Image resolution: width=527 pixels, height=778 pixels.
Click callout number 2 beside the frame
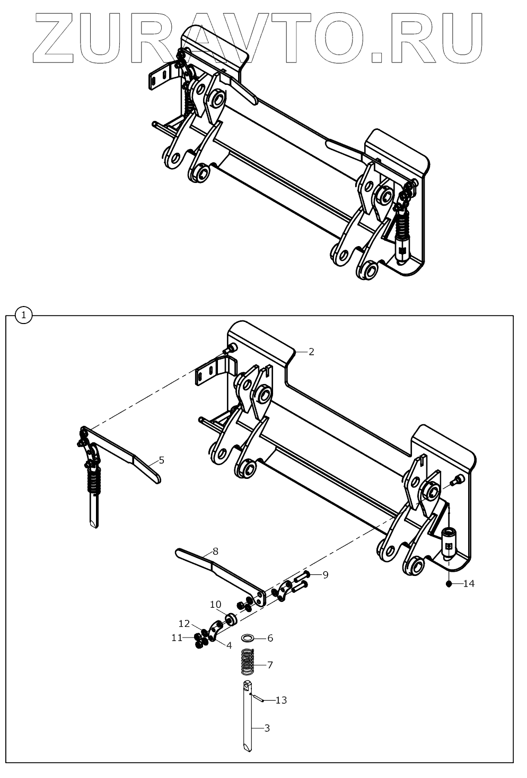coord(311,352)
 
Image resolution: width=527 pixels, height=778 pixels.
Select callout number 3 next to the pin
coord(267,728)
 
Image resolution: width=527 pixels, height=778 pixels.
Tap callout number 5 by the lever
coord(161,460)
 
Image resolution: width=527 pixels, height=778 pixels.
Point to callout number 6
coord(270,638)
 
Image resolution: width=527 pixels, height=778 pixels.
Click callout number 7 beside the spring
coord(270,665)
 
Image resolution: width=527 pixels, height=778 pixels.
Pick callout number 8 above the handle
coord(215,551)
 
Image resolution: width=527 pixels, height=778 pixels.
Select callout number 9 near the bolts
coord(326,574)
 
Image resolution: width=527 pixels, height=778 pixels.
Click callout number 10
coord(215,604)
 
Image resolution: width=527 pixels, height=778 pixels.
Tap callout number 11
coord(177,637)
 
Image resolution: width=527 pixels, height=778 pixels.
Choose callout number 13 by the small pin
coord(281,701)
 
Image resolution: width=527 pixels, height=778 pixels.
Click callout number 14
coord(469,584)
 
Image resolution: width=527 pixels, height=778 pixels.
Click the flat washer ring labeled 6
coord(248,637)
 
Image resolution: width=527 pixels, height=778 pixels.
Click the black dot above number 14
coord(449,584)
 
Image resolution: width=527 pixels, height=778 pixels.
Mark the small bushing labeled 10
coord(231,619)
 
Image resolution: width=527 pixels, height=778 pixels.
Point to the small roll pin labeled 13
coord(257,698)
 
